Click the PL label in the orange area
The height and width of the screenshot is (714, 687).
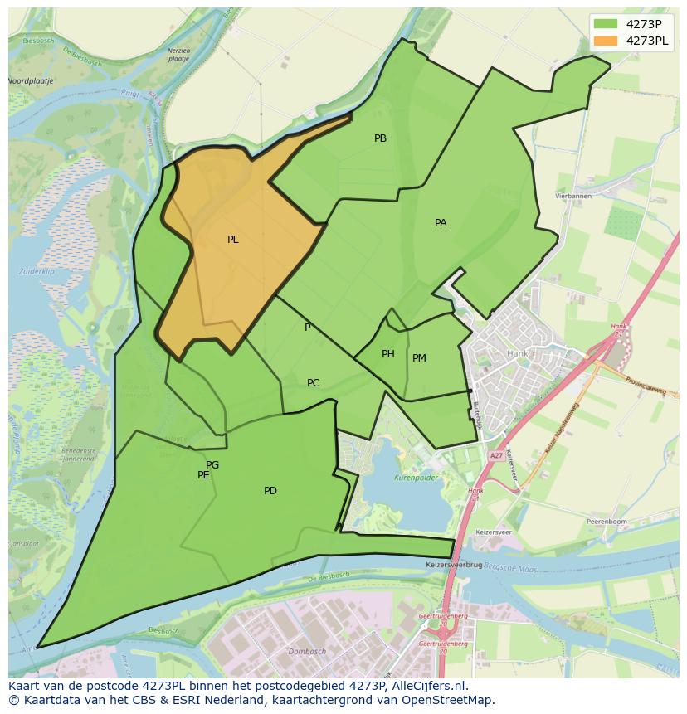[232, 240]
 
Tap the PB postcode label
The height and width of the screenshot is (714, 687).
[380, 138]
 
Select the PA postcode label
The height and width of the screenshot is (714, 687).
[441, 223]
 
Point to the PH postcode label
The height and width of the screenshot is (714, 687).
[387, 354]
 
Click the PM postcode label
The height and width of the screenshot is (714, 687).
[419, 358]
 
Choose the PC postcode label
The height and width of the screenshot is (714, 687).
[313, 383]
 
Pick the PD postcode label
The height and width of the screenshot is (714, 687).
[270, 491]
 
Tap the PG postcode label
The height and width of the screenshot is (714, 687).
[212, 465]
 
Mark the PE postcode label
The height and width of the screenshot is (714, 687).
[203, 475]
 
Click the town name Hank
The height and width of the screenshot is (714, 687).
[517, 352]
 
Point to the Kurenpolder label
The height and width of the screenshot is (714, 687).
[416, 478]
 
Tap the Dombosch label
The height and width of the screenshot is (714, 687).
[307, 652]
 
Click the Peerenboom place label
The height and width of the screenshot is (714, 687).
[606, 522]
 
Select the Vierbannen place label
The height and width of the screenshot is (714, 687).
[573, 196]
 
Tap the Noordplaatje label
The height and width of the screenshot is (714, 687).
[30, 81]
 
